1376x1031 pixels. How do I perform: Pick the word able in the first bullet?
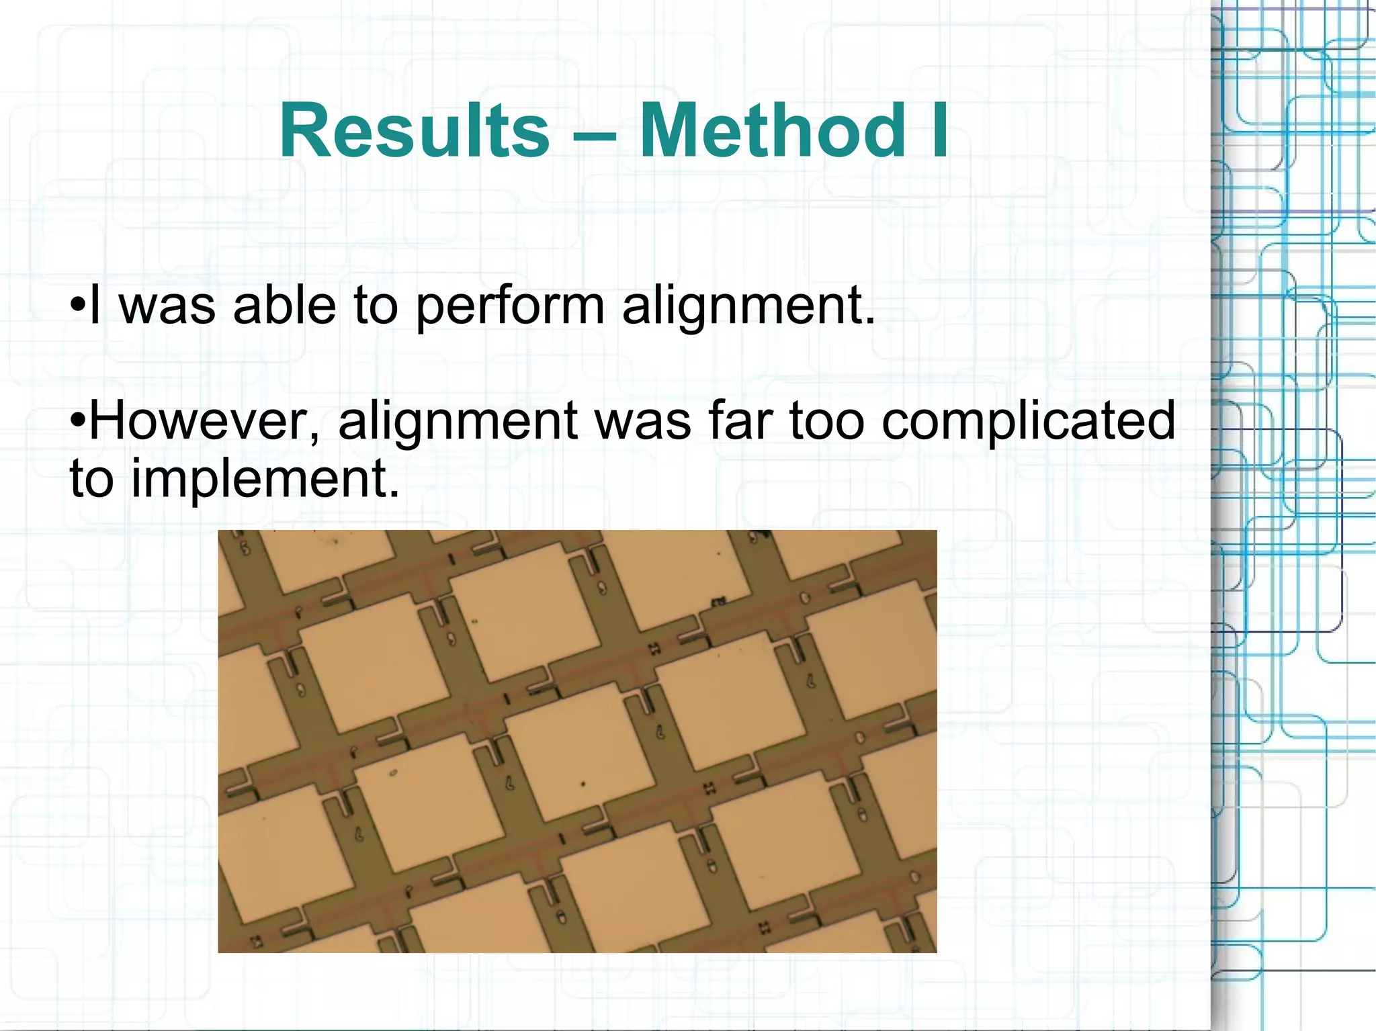(285, 306)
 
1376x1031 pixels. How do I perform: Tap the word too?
(826, 422)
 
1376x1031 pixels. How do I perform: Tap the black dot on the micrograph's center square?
(583, 784)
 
